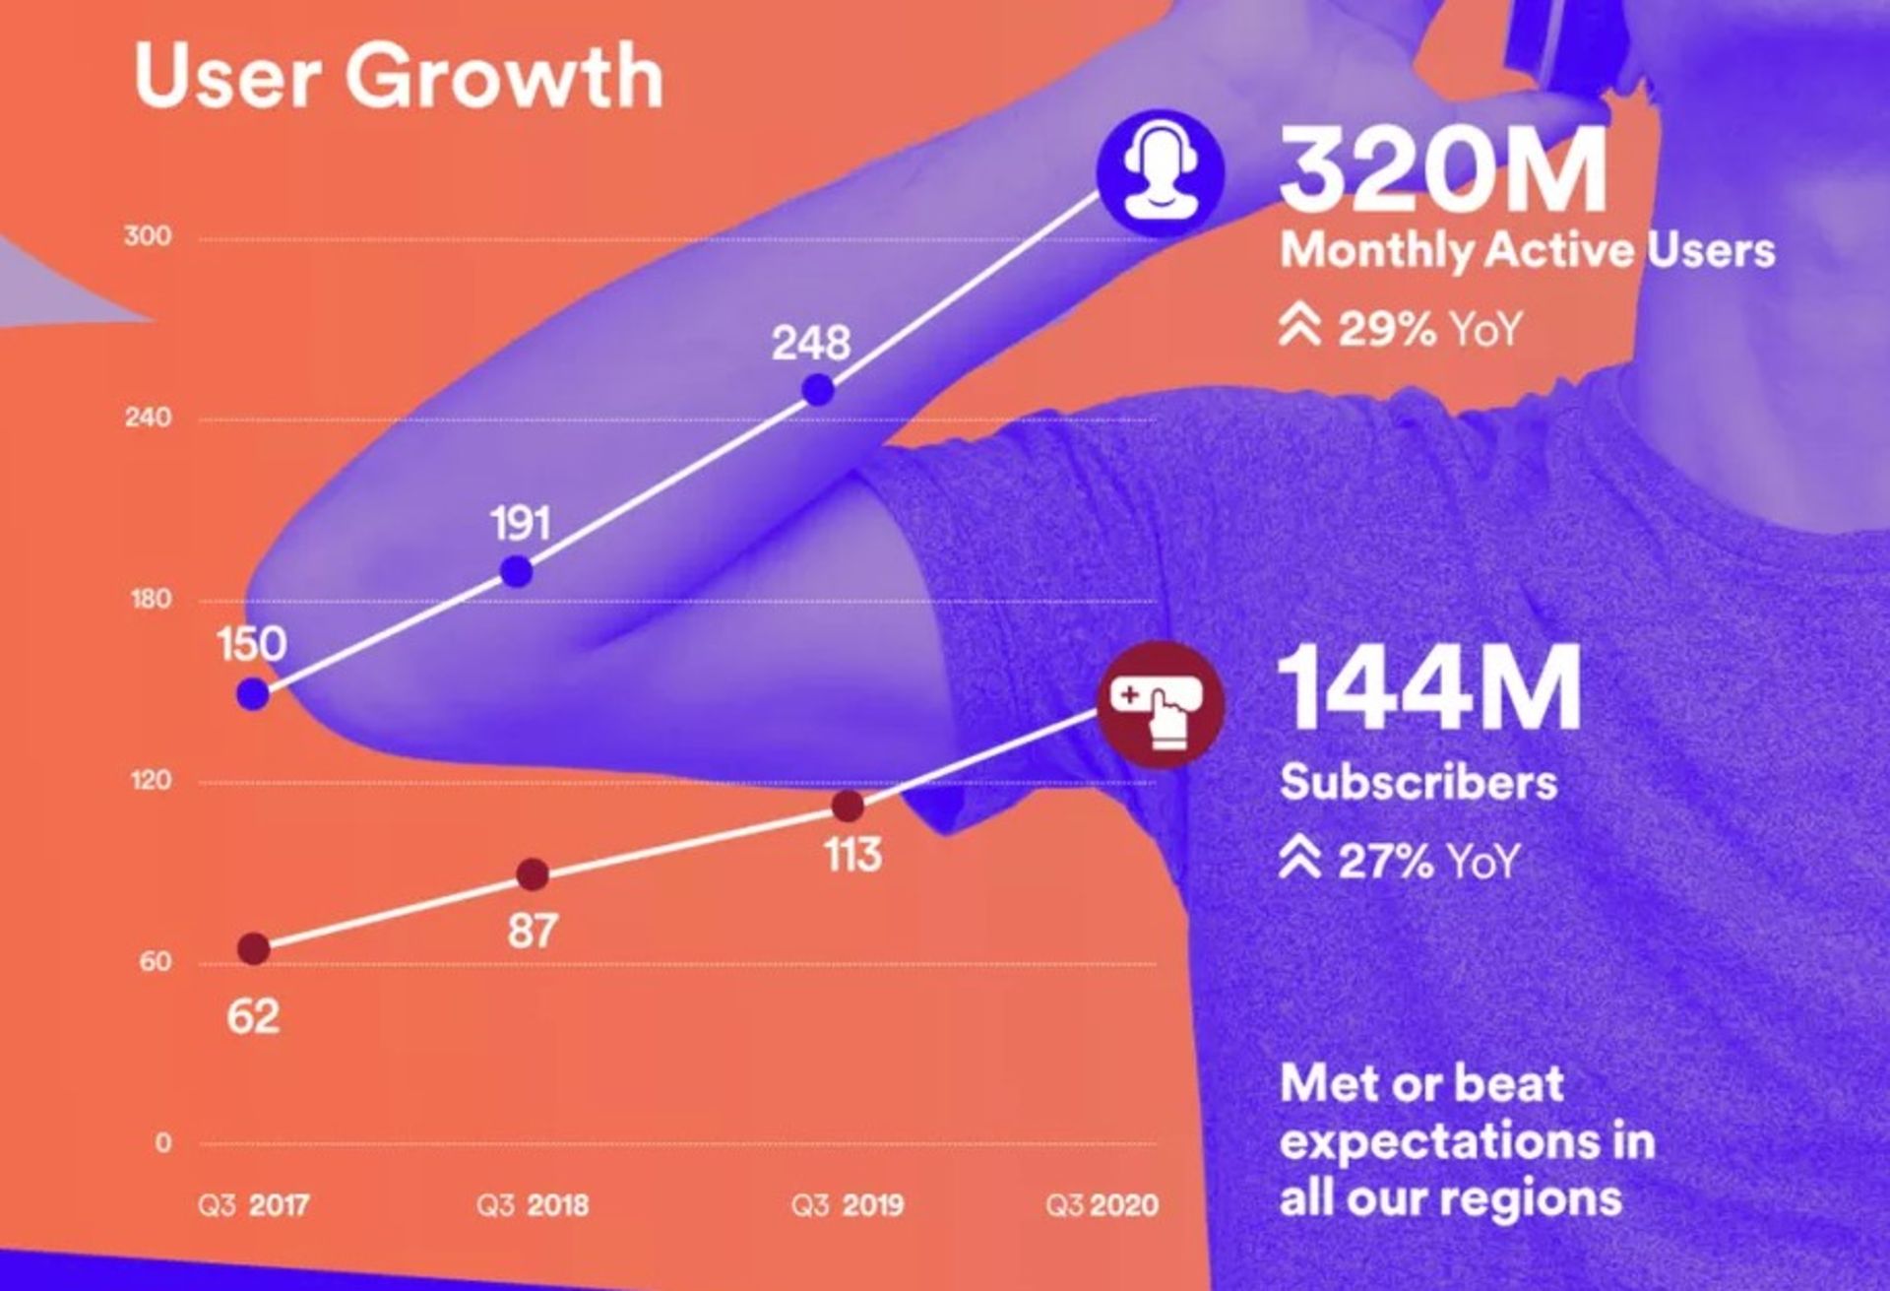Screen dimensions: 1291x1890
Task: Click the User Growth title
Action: coord(398,76)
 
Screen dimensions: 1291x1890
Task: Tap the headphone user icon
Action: coord(1161,173)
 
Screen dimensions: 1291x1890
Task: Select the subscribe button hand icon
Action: coord(1161,704)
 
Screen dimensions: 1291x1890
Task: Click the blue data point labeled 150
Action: coord(253,694)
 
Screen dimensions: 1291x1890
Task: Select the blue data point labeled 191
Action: coord(517,571)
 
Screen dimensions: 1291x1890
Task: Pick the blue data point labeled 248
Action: coord(818,390)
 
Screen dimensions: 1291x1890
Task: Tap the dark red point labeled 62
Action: coord(254,949)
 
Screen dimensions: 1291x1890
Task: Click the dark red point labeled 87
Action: coord(533,873)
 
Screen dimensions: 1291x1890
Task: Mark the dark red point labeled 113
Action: coord(848,807)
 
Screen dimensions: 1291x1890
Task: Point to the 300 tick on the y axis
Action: coord(148,236)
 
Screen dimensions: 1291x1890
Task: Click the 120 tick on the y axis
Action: coord(151,781)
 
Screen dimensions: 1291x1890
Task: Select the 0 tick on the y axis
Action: coord(162,1143)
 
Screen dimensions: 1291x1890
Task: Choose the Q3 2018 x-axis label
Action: coord(533,1205)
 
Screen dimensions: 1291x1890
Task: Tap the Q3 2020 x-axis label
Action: coord(1102,1205)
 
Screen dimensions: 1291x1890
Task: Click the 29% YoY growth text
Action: coord(1401,328)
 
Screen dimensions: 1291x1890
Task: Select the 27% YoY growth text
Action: coord(1400,862)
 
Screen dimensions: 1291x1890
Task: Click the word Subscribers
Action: coord(1418,783)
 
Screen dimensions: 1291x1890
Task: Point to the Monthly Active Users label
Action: coord(1527,250)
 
